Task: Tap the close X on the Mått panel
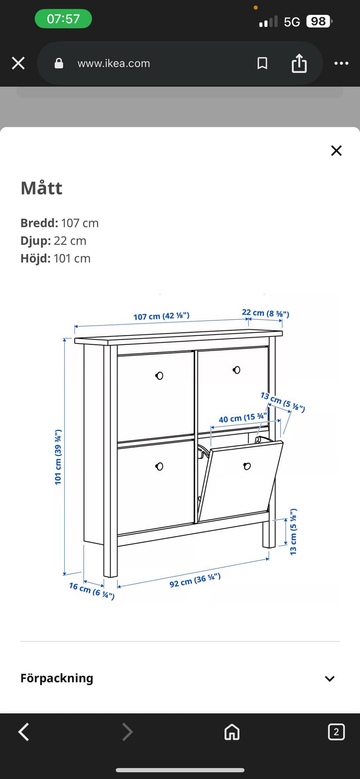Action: [x=336, y=150]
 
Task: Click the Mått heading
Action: [x=41, y=188]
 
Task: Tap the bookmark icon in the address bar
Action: [x=262, y=63]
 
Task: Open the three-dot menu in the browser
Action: [x=341, y=63]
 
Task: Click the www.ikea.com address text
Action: [x=114, y=63]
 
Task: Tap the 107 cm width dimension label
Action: [x=161, y=316]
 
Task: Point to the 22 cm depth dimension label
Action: [x=265, y=313]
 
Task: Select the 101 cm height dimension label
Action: [x=58, y=457]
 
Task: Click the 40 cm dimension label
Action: [x=243, y=418]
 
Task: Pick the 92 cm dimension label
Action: [x=195, y=580]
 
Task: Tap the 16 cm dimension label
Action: [x=91, y=590]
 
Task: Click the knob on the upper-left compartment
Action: [x=159, y=375]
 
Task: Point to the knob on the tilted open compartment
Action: [x=247, y=466]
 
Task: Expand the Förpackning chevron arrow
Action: [x=330, y=678]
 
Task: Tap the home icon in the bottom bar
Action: [x=232, y=732]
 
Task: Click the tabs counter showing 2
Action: [x=336, y=732]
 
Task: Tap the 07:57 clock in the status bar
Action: [x=63, y=19]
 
